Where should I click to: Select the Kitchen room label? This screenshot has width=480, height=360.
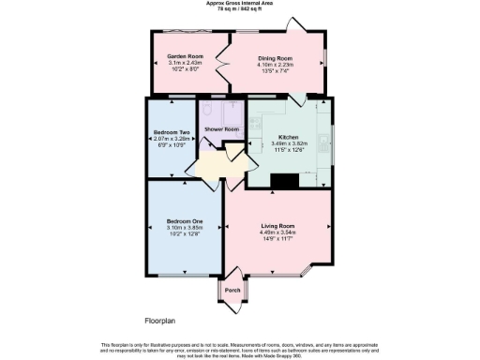click(288, 137)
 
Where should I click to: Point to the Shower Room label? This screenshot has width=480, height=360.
click(222, 128)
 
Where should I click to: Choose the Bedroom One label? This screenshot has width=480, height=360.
click(184, 222)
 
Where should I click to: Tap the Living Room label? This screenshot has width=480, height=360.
click(277, 226)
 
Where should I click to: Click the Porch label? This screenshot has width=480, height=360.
click(233, 290)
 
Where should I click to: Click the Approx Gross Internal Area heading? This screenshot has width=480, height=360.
click(240, 3)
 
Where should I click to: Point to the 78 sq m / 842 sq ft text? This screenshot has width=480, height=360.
click(240, 8)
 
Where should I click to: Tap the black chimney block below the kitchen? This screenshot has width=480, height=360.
click(283, 179)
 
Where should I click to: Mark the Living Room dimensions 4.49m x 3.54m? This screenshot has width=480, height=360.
click(277, 232)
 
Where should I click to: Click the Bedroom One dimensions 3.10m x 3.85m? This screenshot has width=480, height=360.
click(184, 229)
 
